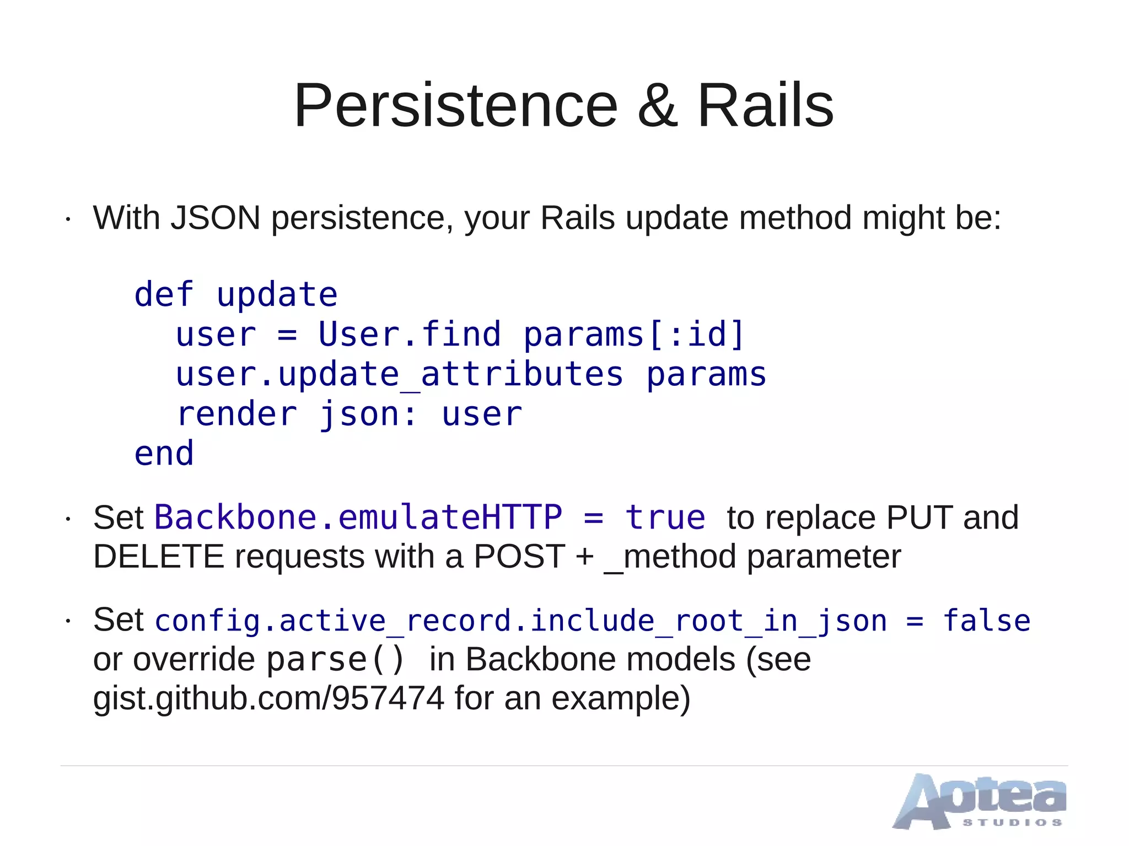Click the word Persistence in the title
pyautogui.click(x=455, y=106)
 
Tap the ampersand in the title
pyautogui.click(x=657, y=106)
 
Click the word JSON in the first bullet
pyautogui.click(x=215, y=218)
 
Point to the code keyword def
pyautogui.click(x=164, y=295)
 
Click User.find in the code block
pyautogui.click(x=409, y=335)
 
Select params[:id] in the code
pyautogui.click(x=634, y=335)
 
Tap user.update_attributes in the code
pyautogui.click(x=399, y=375)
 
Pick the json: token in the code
pyautogui.click(x=368, y=414)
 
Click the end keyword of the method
pyautogui.click(x=164, y=454)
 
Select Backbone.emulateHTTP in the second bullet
pyautogui.click(x=358, y=518)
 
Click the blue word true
pyautogui.click(x=665, y=518)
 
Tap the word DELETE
pyautogui.click(x=159, y=557)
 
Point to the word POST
pyautogui.click(x=519, y=557)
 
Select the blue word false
pyautogui.click(x=986, y=621)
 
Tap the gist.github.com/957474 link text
pyautogui.click(x=268, y=699)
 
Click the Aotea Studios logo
pyautogui.click(x=979, y=801)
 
